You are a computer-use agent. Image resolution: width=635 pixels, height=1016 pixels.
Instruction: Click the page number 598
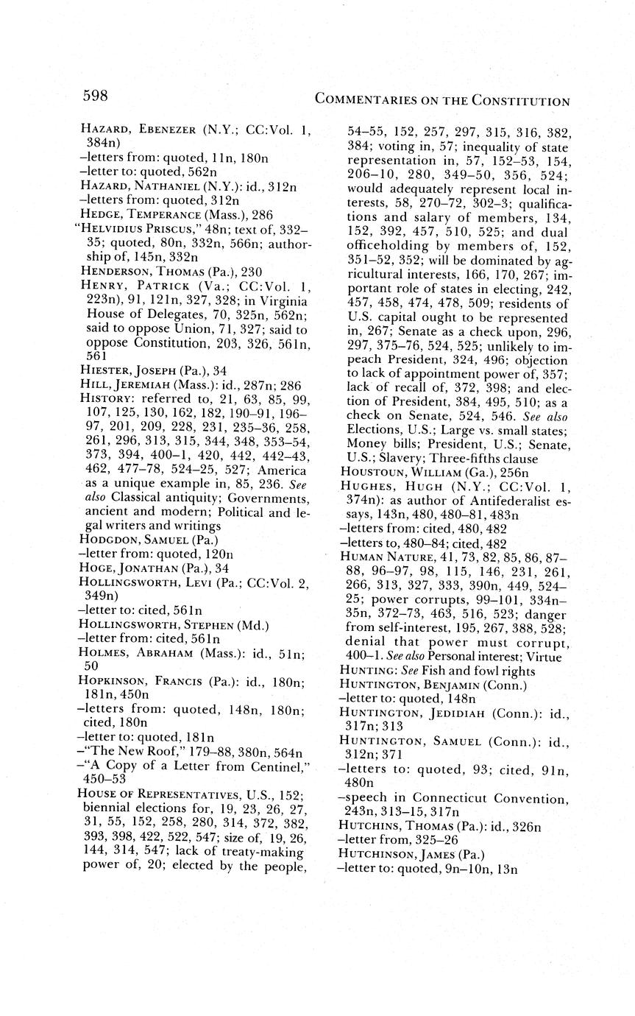pyautogui.click(x=95, y=96)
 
